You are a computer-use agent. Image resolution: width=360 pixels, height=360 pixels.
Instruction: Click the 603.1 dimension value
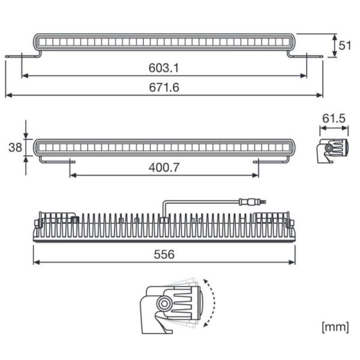(164, 68)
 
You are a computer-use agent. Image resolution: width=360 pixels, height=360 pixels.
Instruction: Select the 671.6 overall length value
(164, 88)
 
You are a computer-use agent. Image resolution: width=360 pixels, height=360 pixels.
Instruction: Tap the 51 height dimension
(345, 46)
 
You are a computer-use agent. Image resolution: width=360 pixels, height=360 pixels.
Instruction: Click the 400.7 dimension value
(164, 167)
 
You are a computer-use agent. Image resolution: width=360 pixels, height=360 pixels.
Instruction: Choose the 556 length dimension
(163, 254)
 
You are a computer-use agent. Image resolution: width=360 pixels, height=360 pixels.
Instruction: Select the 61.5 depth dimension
(334, 119)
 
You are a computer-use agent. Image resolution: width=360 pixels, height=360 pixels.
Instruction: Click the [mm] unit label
(335, 327)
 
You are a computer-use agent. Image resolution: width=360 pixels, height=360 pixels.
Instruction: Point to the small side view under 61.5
(332, 149)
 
